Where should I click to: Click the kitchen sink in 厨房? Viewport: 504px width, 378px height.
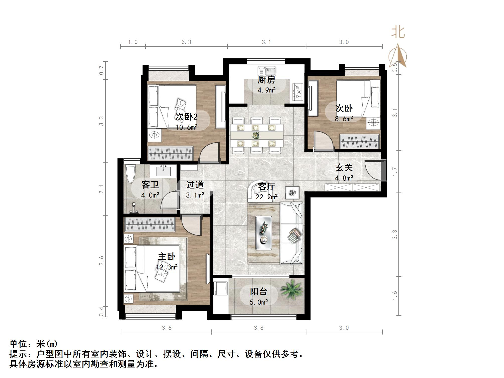(267, 71)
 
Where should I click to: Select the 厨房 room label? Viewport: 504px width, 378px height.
(267, 80)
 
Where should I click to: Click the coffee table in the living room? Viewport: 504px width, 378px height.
(264, 233)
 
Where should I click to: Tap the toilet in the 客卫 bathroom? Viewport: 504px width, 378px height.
(130, 174)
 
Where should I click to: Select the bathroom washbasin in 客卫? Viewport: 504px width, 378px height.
(163, 171)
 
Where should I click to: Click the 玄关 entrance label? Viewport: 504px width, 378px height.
(344, 167)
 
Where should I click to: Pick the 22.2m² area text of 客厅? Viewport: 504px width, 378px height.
(267, 197)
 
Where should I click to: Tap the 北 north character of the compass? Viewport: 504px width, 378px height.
(398, 33)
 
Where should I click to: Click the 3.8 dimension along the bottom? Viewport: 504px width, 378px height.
(259, 328)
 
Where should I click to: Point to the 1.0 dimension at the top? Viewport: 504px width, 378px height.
(133, 42)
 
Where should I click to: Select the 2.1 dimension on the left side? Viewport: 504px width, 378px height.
(101, 189)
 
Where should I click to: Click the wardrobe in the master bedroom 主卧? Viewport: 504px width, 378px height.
(150, 224)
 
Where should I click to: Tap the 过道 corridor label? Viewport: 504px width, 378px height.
(195, 185)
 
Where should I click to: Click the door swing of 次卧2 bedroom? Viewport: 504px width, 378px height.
(210, 153)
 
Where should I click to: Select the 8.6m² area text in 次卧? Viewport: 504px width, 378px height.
(344, 119)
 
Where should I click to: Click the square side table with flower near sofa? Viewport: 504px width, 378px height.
(292, 193)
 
